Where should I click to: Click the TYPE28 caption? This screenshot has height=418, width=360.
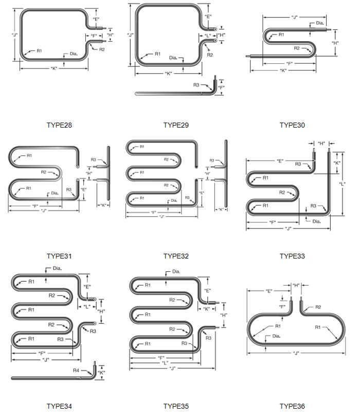point(59,125)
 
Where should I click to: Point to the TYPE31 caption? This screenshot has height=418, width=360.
point(59,256)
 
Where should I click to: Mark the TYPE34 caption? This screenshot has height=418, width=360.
point(59,406)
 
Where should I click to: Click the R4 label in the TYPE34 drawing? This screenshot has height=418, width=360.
point(76,370)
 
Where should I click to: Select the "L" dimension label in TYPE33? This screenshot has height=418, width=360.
point(342,184)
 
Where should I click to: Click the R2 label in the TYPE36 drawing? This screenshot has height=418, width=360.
point(317,307)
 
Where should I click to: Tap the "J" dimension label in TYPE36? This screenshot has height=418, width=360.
point(296,353)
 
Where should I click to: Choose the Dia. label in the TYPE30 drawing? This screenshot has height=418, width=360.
point(320,23)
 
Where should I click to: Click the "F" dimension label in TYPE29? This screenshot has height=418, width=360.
point(221,88)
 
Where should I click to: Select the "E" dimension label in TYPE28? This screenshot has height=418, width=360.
point(96,19)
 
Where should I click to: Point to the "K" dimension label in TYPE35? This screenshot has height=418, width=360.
point(207,309)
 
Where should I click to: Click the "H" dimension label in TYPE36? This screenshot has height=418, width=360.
point(296,285)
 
